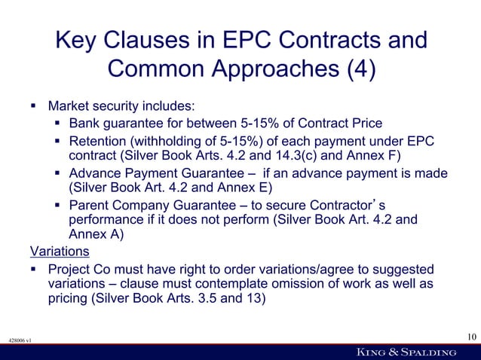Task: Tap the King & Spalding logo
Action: coord(406,352)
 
